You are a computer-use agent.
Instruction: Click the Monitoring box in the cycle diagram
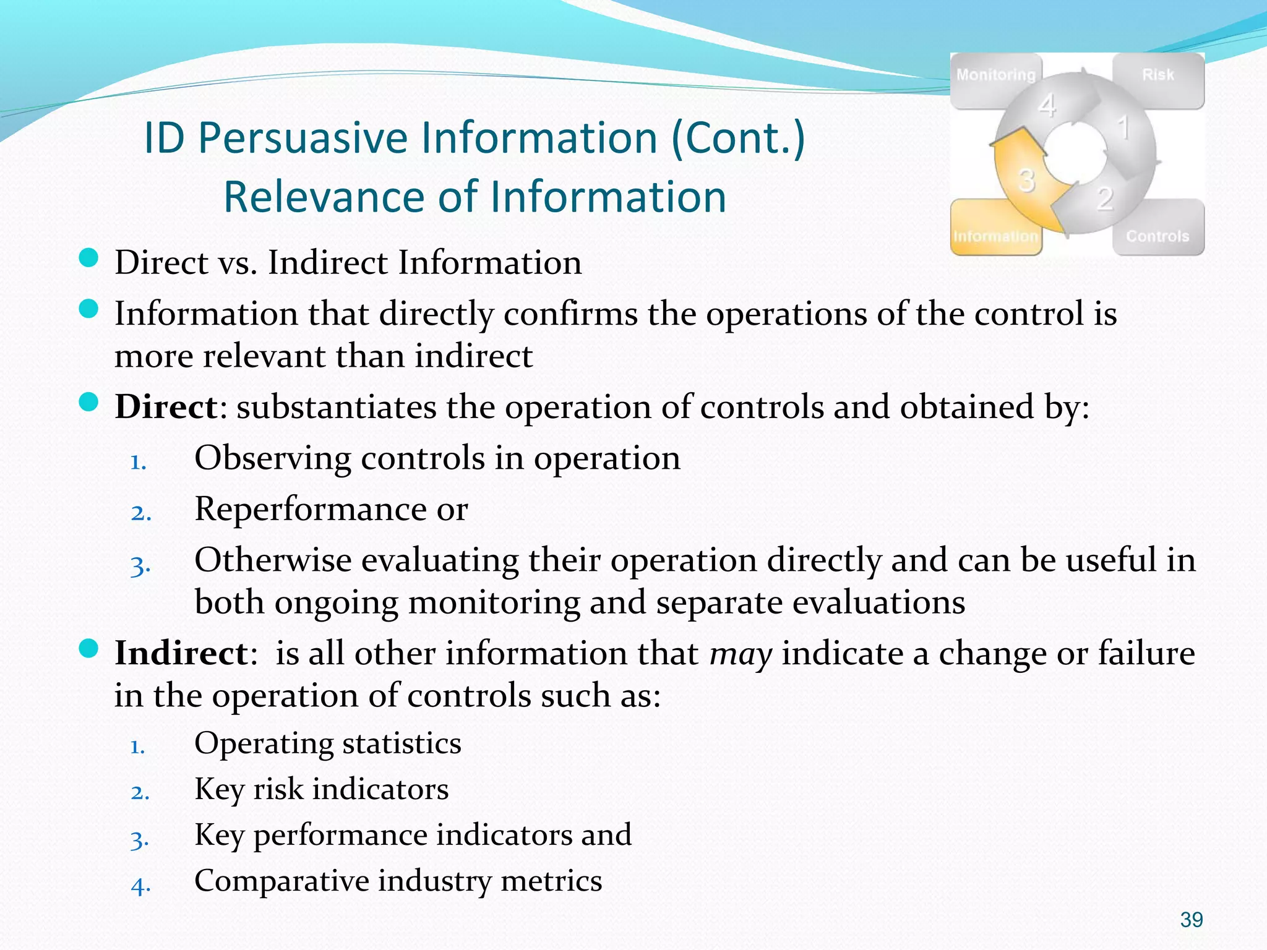click(995, 75)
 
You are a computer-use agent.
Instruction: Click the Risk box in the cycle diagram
click(1158, 75)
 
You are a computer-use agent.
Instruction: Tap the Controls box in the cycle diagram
click(1157, 236)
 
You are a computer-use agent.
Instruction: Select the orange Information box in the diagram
click(995, 236)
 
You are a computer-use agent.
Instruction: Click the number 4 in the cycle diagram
click(1047, 105)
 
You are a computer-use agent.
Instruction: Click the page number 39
click(1192, 920)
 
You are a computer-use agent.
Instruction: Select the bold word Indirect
click(181, 653)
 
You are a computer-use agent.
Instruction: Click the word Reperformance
click(310, 509)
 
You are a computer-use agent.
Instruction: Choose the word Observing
click(273, 458)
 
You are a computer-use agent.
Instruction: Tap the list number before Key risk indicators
click(140, 792)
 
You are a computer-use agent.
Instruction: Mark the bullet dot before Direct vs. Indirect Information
click(89, 258)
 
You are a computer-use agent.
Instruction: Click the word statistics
click(402, 743)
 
